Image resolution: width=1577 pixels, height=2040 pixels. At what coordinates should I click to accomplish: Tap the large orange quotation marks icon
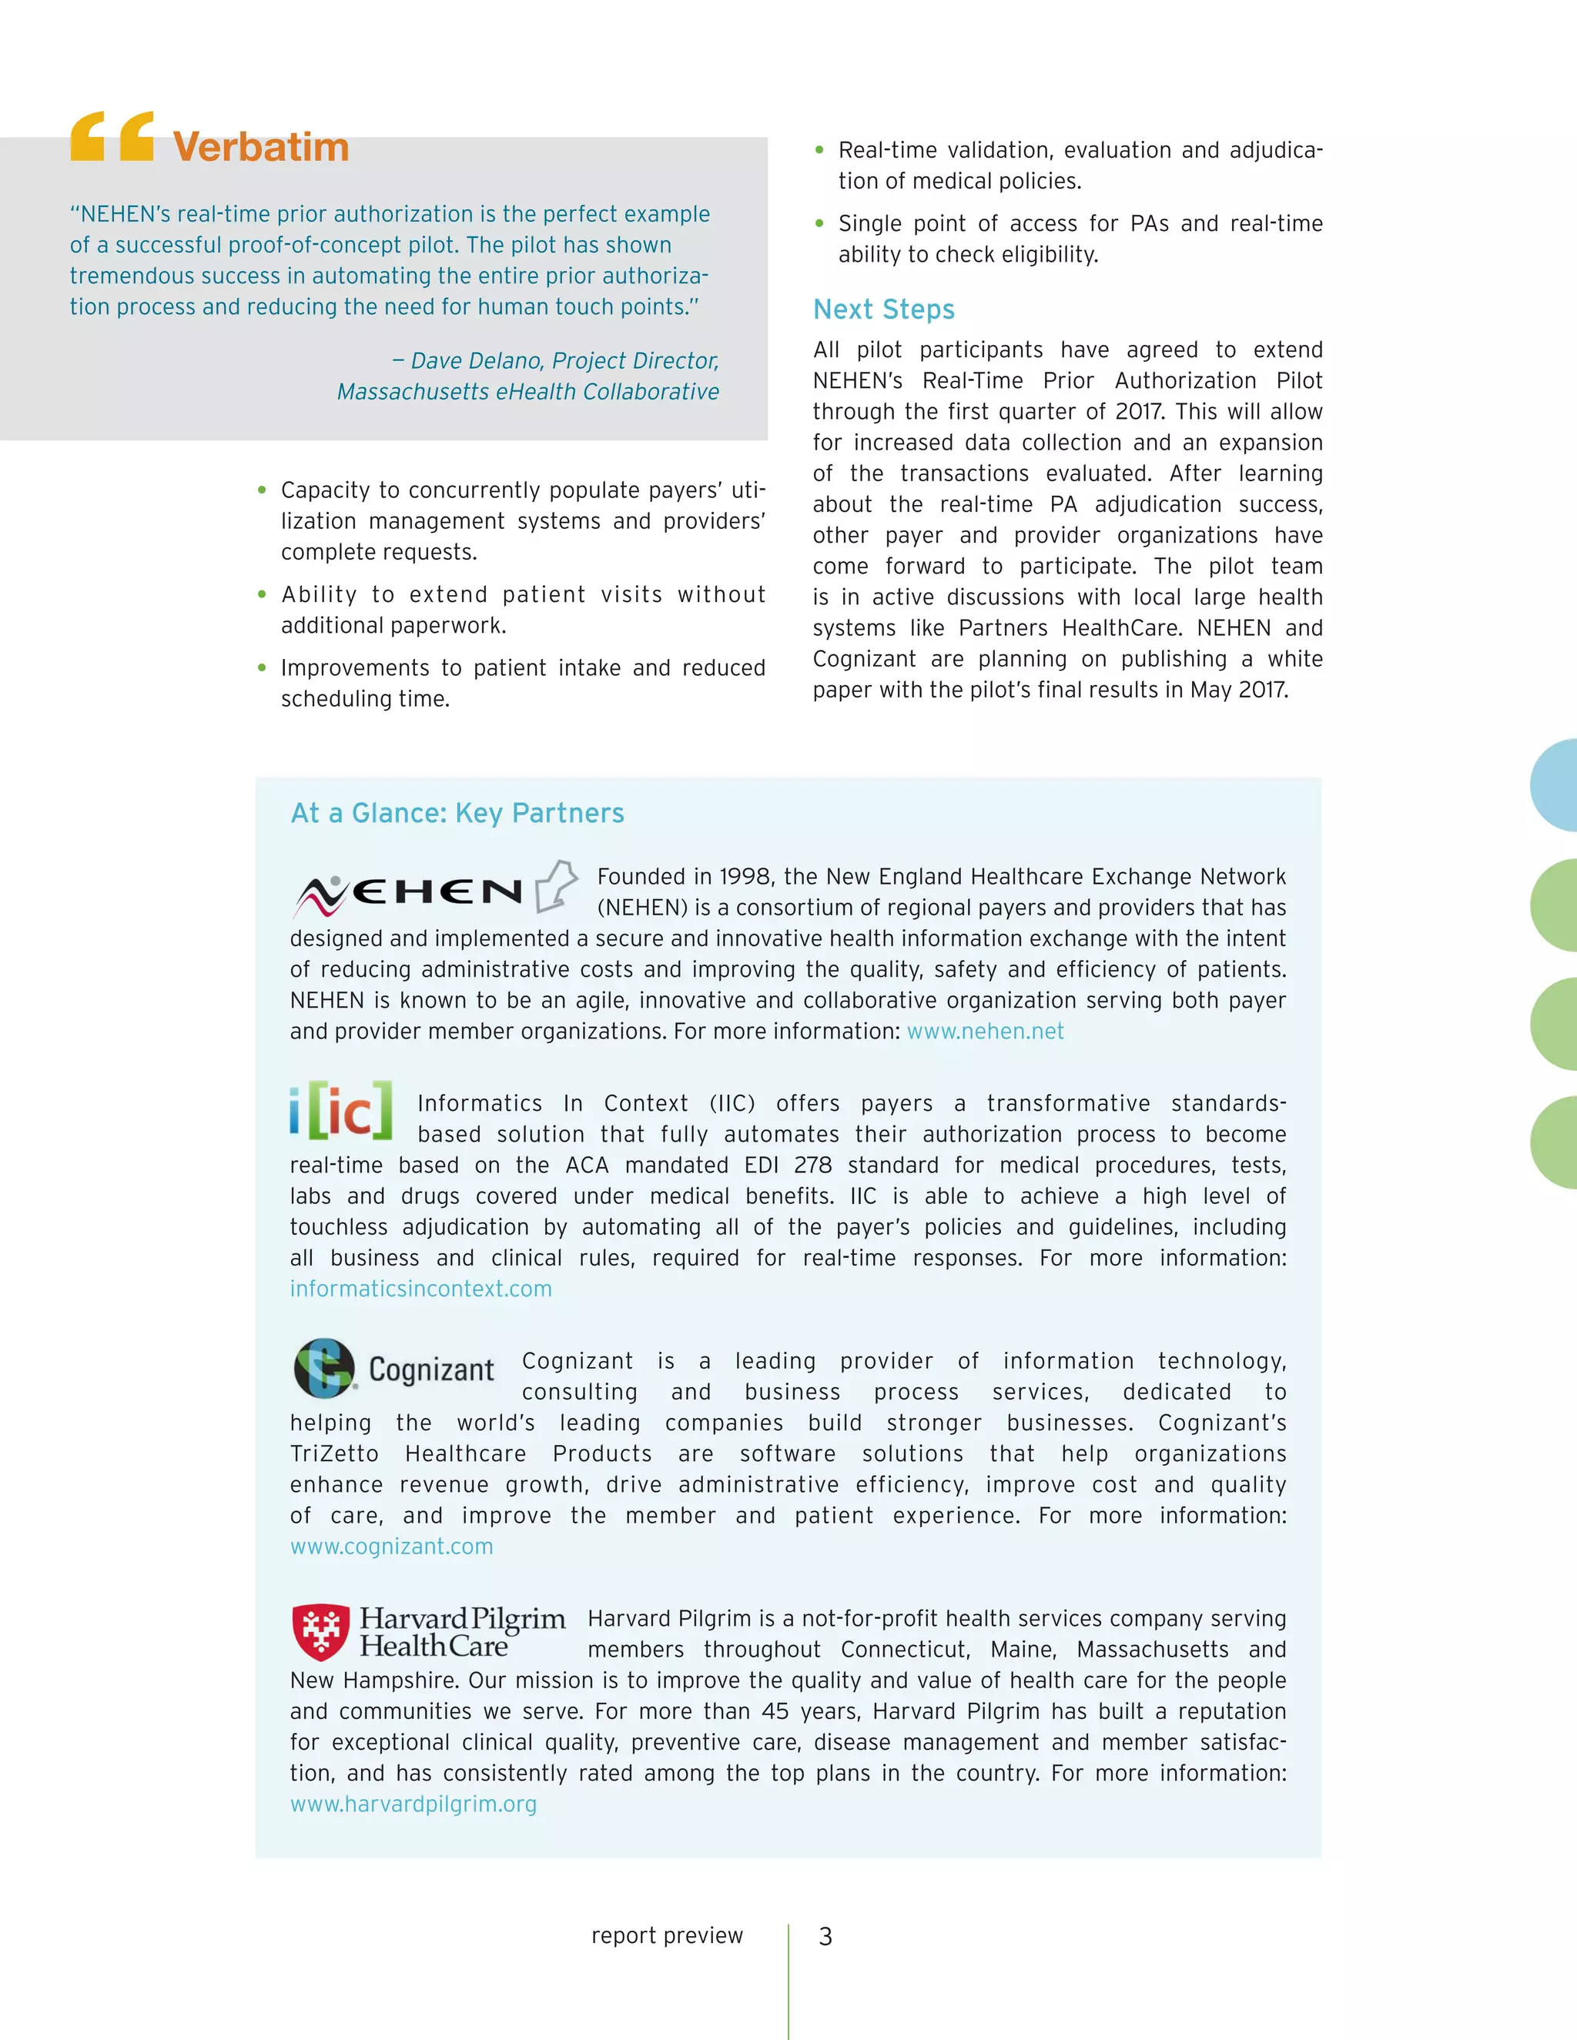pyautogui.click(x=112, y=136)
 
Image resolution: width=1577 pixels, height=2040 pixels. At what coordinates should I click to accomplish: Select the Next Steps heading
pyautogui.click(x=883, y=309)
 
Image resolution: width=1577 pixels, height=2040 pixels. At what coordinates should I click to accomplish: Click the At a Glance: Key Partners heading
pyautogui.click(x=457, y=813)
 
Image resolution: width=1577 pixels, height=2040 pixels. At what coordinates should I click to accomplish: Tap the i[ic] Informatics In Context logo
pyautogui.click(x=341, y=1111)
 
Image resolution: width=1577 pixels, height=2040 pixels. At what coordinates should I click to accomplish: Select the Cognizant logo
pyautogui.click(x=394, y=1369)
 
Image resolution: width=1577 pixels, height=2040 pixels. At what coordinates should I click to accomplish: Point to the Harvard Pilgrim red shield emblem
pyautogui.click(x=320, y=1632)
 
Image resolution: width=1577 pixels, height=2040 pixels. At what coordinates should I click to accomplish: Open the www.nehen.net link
pyautogui.click(x=985, y=1032)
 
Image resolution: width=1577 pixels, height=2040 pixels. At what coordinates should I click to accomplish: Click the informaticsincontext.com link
pyautogui.click(x=420, y=1289)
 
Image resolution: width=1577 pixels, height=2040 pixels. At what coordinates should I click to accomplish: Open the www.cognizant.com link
pyautogui.click(x=391, y=1546)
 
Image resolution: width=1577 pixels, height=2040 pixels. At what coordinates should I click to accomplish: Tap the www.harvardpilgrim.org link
pyautogui.click(x=413, y=1804)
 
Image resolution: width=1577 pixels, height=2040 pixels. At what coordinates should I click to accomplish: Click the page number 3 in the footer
pyautogui.click(x=825, y=1936)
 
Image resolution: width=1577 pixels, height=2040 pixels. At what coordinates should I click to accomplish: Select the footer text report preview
pyautogui.click(x=666, y=1935)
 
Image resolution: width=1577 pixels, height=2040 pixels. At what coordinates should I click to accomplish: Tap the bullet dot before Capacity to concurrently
pyautogui.click(x=262, y=490)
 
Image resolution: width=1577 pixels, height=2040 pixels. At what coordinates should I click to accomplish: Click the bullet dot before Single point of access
pyautogui.click(x=819, y=223)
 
